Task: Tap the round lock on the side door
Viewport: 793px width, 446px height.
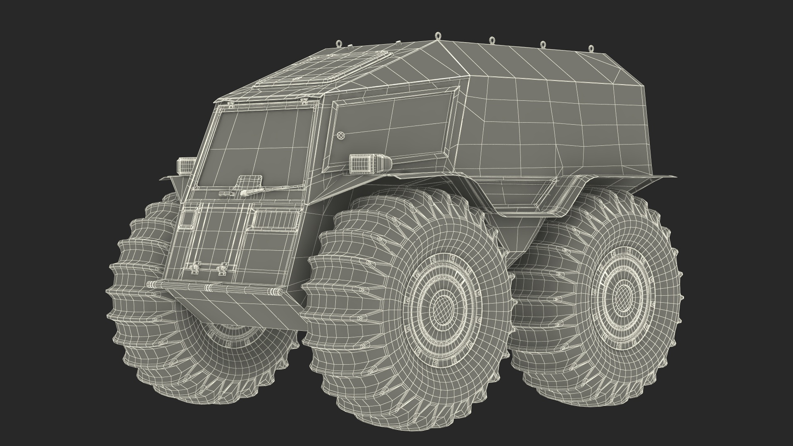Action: [341, 135]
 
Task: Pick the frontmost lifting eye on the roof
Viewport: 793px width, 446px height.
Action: [340, 43]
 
